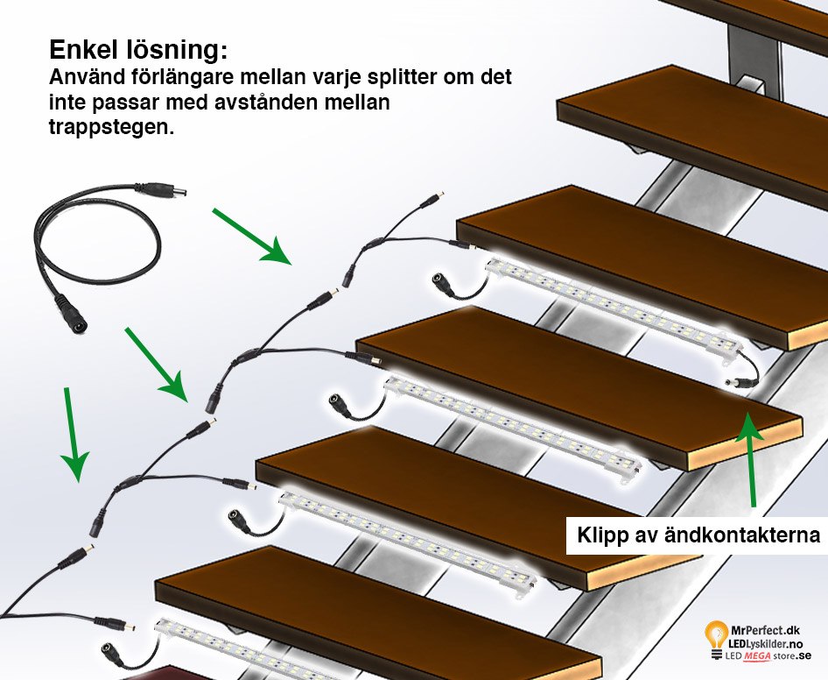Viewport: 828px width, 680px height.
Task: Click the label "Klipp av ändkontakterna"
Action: (x=698, y=534)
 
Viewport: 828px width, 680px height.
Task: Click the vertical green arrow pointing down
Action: (x=73, y=434)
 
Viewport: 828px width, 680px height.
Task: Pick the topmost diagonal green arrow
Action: (x=252, y=237)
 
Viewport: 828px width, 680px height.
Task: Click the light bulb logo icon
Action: (x=716, y=636)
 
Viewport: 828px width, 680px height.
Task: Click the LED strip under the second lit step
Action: (x=511, y=422)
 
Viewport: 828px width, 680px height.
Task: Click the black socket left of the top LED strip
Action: (x=443, y=282)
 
